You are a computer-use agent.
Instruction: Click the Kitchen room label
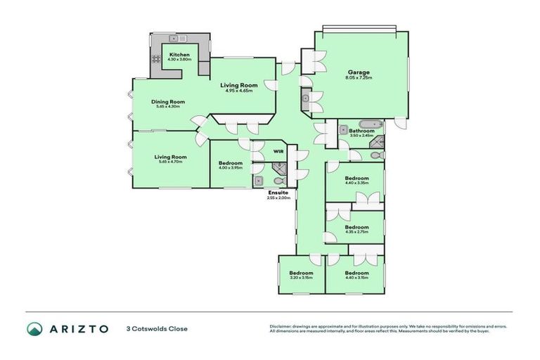(179, 54)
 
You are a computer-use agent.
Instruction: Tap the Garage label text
(359, 72)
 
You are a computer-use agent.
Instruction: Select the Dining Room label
(168, 102)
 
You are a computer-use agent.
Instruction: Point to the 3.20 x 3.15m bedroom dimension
(301, 278)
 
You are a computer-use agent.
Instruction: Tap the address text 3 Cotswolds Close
(157, 328)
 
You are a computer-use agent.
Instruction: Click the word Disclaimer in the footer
(282, 326)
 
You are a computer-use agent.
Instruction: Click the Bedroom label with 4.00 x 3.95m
(230, 162)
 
